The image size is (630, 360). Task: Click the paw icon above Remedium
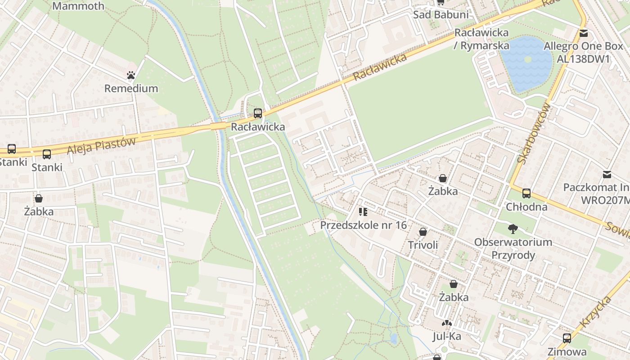point(131,75)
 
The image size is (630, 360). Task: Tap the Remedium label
point(131,88)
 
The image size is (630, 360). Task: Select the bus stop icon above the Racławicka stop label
point(258,113)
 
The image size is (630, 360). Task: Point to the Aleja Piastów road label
point(101,146)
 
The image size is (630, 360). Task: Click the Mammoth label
point(78,6)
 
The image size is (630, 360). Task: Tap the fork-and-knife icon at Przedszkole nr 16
point(363,211)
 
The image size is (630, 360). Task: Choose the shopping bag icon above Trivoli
point(423,232)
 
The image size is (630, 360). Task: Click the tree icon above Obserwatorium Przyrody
point(513,229)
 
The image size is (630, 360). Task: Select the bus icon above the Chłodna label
point(526,193)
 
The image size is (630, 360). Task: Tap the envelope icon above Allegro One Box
point(584,33)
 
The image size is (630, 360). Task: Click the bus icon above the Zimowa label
point(567,338)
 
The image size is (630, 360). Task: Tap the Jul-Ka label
point(447,336)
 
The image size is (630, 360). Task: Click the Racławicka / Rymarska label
point(481,39)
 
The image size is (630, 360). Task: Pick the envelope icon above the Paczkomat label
point(607,174)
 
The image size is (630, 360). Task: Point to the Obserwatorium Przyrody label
point(513,248)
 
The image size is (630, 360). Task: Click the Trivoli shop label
point(423,245)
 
